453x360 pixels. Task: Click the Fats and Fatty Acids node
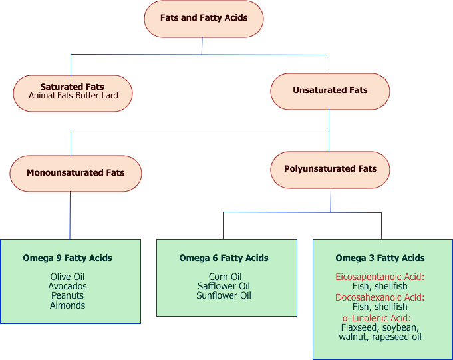204,18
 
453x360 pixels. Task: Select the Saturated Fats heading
72,87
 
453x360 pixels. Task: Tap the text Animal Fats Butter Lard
73,96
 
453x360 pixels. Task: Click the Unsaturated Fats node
330,90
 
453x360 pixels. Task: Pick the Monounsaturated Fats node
75,173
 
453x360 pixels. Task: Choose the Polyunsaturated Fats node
330,169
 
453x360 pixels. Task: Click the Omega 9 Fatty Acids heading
67,258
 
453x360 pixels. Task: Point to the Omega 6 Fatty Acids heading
224,258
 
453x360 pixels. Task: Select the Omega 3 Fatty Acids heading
380,258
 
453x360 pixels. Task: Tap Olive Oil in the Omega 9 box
67,277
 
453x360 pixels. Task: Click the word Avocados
67,287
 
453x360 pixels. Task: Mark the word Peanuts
67,296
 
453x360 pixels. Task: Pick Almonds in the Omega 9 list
67,306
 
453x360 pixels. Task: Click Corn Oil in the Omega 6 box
224,277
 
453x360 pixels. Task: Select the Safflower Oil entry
224,287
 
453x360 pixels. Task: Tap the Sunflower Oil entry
224,296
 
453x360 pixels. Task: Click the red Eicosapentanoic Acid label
380,277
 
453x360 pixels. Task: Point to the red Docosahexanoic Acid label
380,297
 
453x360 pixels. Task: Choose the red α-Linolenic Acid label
380,318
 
